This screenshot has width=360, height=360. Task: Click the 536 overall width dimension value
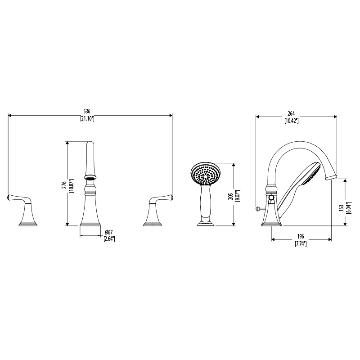[x=87, y=112]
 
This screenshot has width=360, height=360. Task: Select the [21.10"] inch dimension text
[x=87, y=119]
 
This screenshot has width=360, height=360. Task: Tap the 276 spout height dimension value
[x=64, y=185]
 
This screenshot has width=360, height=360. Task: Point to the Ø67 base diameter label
[x=109, y=232]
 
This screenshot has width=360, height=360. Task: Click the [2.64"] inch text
[x=109, y=239]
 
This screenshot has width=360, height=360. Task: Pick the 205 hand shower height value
[x=231, y=196]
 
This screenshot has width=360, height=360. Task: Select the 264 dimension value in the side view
[x=291, y=113]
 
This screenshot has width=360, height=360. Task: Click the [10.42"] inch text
[x=291, y=121]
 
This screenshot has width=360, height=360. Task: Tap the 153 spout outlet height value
[x=342, y=208]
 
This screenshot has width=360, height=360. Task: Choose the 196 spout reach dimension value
[x=301, y=236]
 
